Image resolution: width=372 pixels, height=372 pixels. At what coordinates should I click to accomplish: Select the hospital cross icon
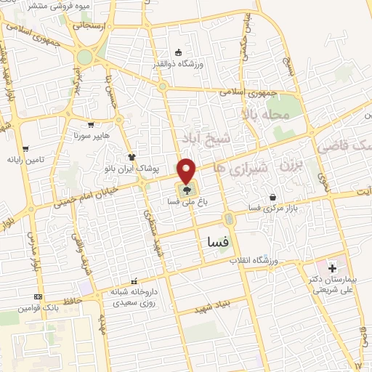click(332, 268)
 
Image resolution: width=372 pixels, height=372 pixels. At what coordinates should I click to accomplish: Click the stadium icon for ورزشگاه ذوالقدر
click(178, 52)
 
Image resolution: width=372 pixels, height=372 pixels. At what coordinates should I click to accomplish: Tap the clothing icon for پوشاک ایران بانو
click(132, 156)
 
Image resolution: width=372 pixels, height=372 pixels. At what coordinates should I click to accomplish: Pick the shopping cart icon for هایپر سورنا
click(91, 124)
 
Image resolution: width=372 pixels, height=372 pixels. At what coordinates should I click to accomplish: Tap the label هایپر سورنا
click(91, 136)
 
